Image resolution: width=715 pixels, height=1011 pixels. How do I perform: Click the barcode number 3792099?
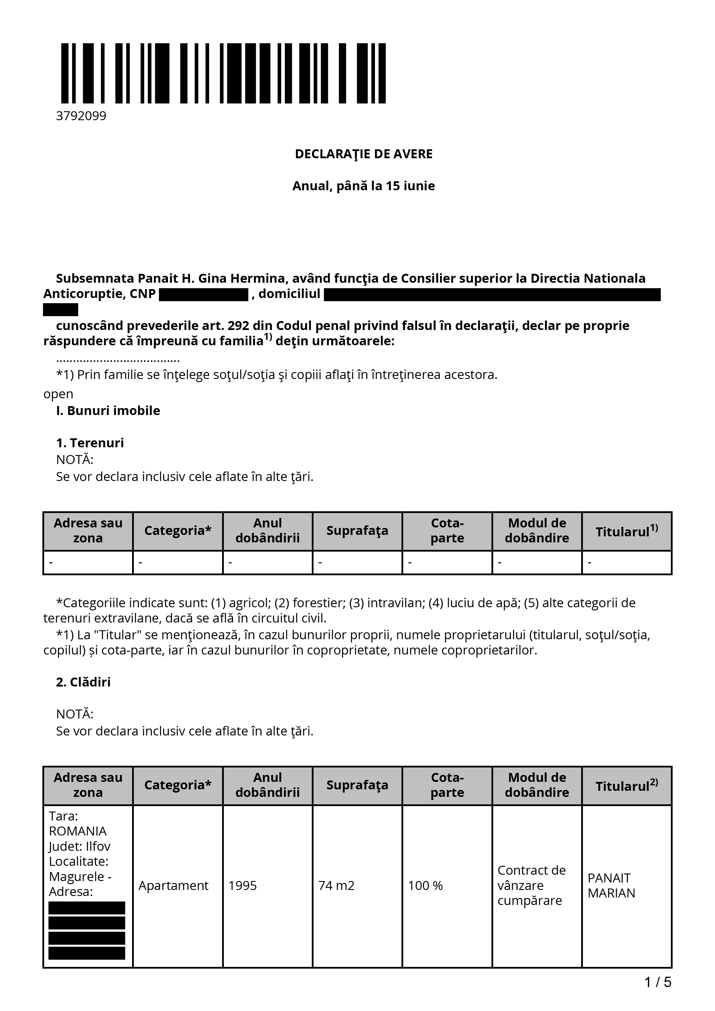81,116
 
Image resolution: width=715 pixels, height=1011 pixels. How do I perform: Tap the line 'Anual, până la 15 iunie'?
363,186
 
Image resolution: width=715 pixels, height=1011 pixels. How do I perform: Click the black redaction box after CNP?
204,295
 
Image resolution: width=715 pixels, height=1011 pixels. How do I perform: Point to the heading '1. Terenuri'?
90,443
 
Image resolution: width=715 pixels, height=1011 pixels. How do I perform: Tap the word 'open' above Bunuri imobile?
58,394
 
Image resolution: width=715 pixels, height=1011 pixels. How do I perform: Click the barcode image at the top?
223,73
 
